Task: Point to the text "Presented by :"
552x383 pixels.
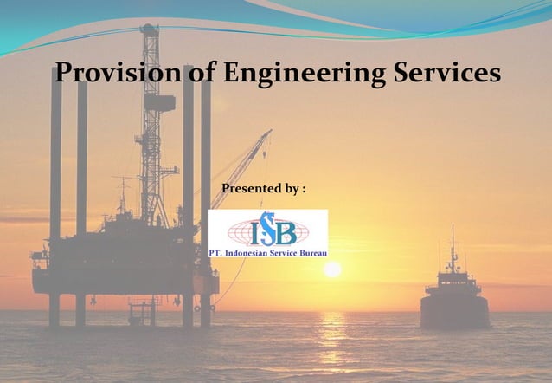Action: (264, 189)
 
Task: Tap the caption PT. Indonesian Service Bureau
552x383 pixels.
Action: (267, 252)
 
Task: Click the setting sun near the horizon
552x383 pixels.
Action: (332, 269)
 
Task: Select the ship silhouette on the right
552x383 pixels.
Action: (454, 295)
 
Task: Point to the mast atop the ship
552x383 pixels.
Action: (452, 247)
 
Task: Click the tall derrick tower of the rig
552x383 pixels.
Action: (151, 121)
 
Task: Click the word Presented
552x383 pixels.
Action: (252, 189)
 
